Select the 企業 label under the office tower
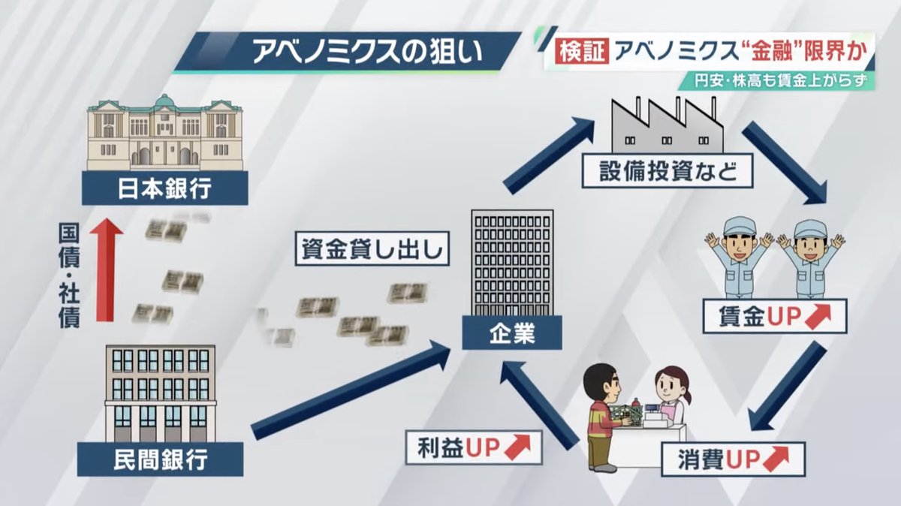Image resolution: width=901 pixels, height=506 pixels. (511, 332)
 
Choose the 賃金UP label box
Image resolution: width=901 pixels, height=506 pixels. (774, 317)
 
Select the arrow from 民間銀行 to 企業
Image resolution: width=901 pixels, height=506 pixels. (349, 388)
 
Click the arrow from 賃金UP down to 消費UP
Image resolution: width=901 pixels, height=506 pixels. (788, 387)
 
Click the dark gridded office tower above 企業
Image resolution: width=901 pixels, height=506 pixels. (512, 263)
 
